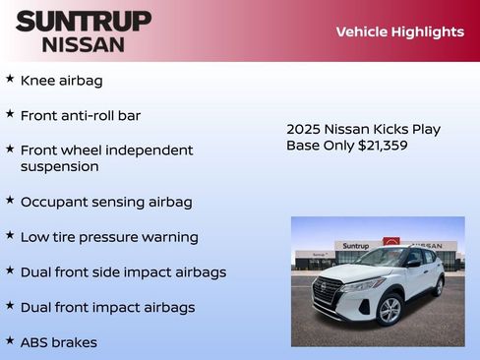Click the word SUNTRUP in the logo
click(x=84, y=21)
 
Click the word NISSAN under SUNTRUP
click(x=84, y=44)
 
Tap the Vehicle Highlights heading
click(x=399, y=31)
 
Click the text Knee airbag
click(x=61, y=81)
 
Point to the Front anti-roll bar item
click(x=81, y=115)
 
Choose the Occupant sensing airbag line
click(x=106, y=202)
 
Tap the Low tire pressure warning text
click(x=109, y=237)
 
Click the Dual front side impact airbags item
click(x=123, y=271)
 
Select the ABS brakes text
click(x=59, y=342)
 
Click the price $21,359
click(x=373, y=146)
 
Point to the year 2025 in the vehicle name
click(x=305, y=129)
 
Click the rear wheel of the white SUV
click(x=438, y=286)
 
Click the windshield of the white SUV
click(x=383, y=259)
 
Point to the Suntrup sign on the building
click(x=356, y=246)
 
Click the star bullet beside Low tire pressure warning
click(x=10, y=235)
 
